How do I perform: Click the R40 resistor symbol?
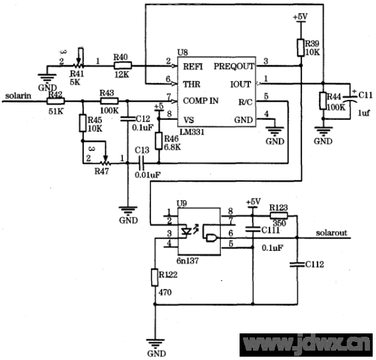point(122,65)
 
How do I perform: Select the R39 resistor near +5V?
point(301,48)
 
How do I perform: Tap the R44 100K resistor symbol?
point(323,100)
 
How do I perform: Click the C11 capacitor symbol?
point(350,98)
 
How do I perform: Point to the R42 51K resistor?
point(55,101)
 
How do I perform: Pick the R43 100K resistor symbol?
point(109,101)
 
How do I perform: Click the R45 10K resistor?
point(83,123)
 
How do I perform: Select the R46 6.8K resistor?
point(158,141)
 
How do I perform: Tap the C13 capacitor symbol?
point(140,163)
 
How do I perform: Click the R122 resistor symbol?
point(154,277)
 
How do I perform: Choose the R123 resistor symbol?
point(279,216)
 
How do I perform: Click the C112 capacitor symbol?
point(297,265)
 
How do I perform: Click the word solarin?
point(18,96)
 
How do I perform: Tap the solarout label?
point(331,233)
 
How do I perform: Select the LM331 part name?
point(192,132)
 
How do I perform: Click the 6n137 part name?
point(188,260)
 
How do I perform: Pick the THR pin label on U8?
point(192,85)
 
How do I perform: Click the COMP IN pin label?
point(201,100)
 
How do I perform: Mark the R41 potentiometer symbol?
point(79,64)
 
